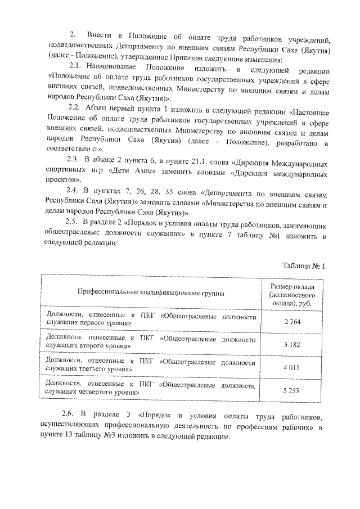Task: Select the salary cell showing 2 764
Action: [x=292, y=321]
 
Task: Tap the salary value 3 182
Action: [x=292, y=343]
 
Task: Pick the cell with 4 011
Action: [x=292, y=366]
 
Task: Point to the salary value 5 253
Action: [x=292, y=389]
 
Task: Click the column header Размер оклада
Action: [x=292, y=287]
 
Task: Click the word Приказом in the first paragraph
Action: [x=204, y=60]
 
